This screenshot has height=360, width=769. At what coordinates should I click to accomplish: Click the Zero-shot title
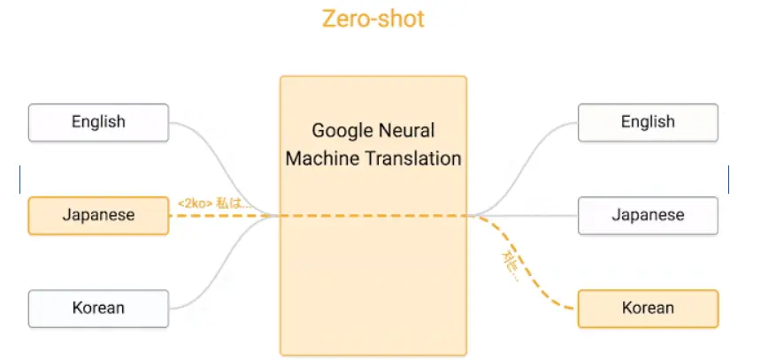(x=373, y=19)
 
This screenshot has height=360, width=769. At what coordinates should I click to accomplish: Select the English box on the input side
(x=98, y=122)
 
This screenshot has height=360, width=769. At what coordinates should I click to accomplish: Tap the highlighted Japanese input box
(x=98, y=215)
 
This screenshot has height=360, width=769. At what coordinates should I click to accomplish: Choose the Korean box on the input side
(x=98, y=308)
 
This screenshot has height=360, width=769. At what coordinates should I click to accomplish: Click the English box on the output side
(x=648, y=122)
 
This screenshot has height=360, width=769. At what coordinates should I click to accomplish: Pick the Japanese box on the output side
(x=648, y=215)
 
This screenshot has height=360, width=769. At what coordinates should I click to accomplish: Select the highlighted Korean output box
(x=648, y=308)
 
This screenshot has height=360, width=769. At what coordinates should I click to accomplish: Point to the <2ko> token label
(x=194, y=203)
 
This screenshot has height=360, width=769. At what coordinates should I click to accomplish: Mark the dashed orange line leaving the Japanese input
(x=221, y=215)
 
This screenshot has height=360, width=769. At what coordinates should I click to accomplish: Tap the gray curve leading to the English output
(x=531, y=159)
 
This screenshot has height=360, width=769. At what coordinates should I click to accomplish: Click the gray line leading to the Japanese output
(x=531, y=215)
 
